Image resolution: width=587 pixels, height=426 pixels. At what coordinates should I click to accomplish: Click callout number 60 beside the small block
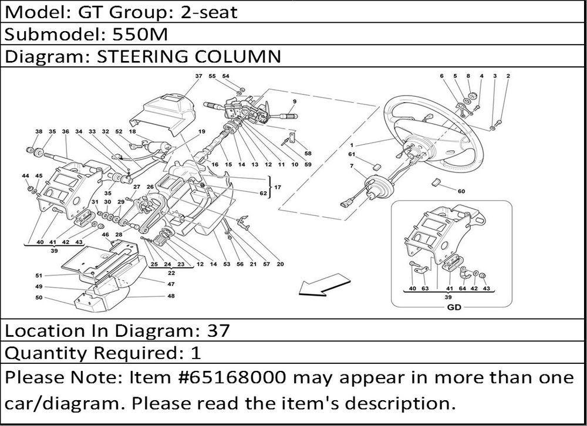coord(461,191)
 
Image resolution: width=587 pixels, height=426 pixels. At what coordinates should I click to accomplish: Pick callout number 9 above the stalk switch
coord(295,102)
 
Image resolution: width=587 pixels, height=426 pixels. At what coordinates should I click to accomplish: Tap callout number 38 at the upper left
coord(39,131)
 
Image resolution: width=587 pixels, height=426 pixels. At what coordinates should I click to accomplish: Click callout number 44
coord(25,176)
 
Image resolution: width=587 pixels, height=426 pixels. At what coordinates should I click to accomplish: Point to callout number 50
coord(39,298)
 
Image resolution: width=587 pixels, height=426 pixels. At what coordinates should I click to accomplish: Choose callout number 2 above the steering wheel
coord(508,76)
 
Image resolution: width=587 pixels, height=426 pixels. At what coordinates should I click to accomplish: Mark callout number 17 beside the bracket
coord(278,187)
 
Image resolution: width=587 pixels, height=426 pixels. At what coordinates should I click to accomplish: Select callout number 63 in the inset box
coord(425,288)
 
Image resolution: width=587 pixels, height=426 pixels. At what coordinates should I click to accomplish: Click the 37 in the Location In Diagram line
coord(217,331)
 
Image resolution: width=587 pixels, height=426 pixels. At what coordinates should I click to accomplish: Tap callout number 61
coord(352,154)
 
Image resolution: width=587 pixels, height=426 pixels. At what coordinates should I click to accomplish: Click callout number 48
coord(171,296)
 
